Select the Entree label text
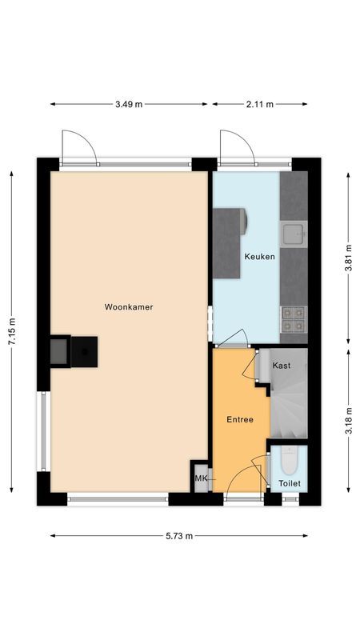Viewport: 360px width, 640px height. [x=239, y=419]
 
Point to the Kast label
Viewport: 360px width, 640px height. [x=281, y=365]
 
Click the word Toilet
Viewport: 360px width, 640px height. [x=289, y=484]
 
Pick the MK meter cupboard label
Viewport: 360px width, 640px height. [x=201, y=479]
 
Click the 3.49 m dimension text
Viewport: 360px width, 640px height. [x=128, y=104]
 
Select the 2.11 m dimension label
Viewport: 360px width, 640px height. [x=259, y=104]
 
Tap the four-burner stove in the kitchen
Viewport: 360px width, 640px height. [x=293, y=320]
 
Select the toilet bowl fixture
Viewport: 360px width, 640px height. [x=289, y=462]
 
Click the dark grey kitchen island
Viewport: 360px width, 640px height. [x=229, y=242]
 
